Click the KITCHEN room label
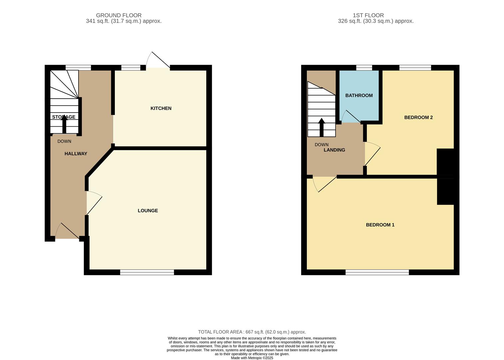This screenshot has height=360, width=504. (161, 108)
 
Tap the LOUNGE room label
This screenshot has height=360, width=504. (148, 211)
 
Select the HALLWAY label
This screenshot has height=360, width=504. (76, 154)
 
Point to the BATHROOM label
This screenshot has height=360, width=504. (359, 96)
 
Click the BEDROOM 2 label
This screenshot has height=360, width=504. (418, 117)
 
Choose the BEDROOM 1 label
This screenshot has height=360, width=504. (380, 225)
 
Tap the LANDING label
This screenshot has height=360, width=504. (334, 150)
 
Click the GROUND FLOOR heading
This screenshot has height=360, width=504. (119, 15)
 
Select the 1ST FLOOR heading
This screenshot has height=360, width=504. (368, 15)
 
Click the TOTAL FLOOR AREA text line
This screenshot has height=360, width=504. (252, 332)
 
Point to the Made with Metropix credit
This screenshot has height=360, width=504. (252, 358)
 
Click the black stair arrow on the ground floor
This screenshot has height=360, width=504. (64, 124)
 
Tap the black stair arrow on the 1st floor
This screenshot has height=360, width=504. (321, 127)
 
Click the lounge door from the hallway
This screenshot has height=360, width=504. (94, 202)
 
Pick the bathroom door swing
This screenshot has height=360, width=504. (351, 117)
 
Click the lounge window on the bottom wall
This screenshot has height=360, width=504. (147, 273)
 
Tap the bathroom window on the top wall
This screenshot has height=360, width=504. (364, 68)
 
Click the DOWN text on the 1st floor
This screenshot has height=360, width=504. (321, 145)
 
